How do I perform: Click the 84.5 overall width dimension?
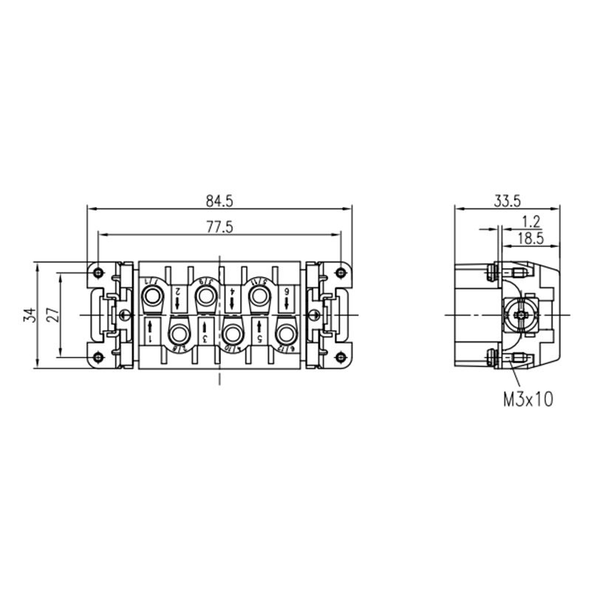tap(219, 200)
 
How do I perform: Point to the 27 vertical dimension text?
tap(52, 314)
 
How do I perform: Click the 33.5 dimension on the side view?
tap(508, 200)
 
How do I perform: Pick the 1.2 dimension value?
tap(530, 221)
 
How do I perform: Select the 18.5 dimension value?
tap(530, 238)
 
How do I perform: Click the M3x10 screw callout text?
tap(528, 400)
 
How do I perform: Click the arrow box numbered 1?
tap(151, 330)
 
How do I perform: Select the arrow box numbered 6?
tap(286, 298)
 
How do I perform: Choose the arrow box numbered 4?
tap(233, 298)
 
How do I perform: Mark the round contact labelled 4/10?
tap(233, 332)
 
